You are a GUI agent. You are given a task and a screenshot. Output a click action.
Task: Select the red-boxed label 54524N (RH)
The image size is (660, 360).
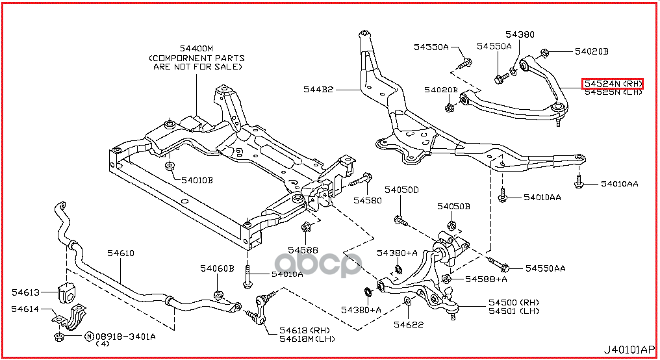point(612,84)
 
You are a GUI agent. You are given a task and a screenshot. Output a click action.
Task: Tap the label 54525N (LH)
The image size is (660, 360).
point(612,93)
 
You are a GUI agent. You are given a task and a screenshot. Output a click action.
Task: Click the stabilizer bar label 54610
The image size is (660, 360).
point(121,253)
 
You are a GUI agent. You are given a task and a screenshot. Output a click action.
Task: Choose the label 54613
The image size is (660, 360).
point(26,293)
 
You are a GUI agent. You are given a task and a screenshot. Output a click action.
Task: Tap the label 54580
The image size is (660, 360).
point(368,200)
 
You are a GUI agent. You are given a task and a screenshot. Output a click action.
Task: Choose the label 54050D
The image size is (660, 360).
point(401,190)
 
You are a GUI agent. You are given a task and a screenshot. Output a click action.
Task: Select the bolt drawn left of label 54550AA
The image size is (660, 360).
point(497,266)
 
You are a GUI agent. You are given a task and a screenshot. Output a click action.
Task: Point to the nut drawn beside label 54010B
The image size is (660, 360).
point(170,167)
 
